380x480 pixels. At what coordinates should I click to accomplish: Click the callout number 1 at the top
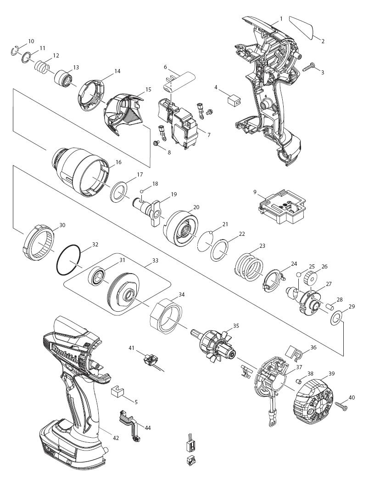281,19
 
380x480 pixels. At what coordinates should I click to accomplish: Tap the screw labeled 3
309,67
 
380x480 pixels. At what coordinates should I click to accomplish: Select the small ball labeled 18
142,191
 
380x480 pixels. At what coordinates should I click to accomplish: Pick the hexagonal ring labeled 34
167,316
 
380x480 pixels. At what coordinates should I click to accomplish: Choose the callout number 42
116,438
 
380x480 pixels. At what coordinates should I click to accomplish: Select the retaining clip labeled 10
14,51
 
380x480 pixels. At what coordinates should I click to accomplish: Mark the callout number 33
155,261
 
